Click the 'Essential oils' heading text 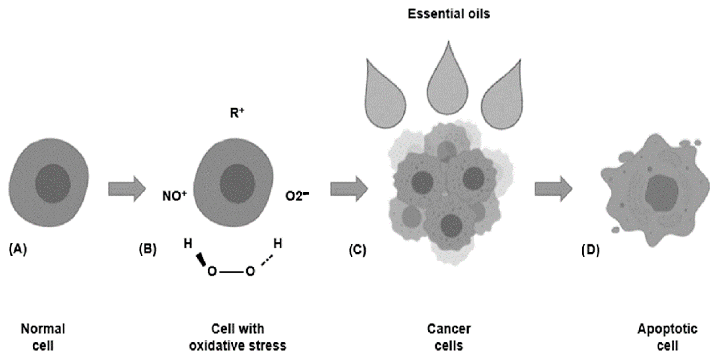click(x=449, y=14)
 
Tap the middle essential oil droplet click(x=448, y=84)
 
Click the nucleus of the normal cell click(x=53, y=184)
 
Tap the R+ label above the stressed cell click(x=237, y=113)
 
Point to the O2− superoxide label click(x=297, y=196)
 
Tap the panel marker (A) click(x=18, y=249)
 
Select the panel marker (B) click(x=147, y=249)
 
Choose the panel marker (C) click(x=357, y=250)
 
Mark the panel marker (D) click(x=590, y=250)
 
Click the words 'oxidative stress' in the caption click(x=238, y=346)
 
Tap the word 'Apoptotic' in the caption click(x=667, y=329)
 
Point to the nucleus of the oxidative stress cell click(x=237, y=184)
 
